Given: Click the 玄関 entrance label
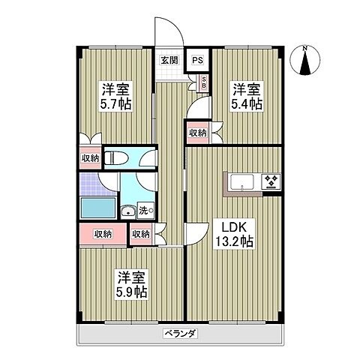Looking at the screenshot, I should coord(169,61).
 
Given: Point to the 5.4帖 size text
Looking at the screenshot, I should coord(247,103).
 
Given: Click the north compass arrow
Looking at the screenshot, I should coord(305,64).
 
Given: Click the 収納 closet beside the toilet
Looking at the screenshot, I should coord(89,157).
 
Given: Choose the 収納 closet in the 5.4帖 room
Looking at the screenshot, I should coord(197,133).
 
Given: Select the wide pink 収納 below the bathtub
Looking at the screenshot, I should coord(103,234).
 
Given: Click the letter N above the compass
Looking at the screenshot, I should coord(305,49).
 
